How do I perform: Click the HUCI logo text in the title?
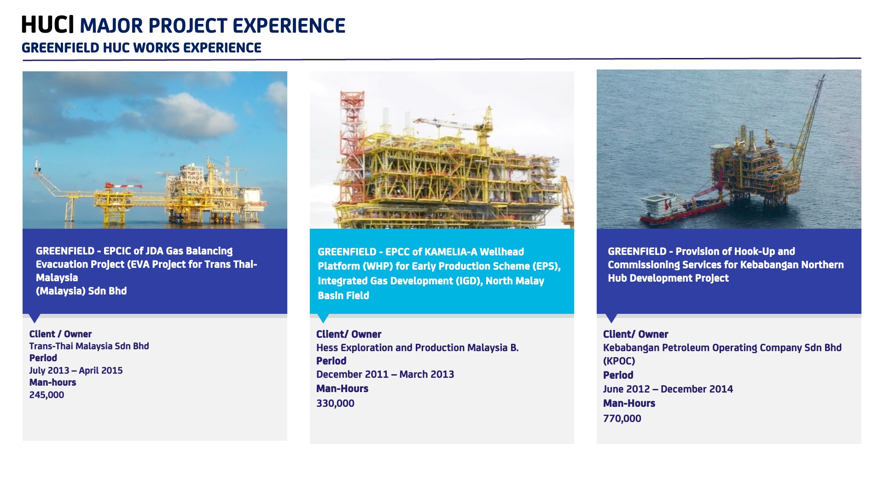pos(47,25)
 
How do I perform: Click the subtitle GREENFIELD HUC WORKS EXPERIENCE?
pos(141,48)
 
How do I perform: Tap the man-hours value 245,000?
pos(47,395)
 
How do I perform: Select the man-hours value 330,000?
pos(335,404)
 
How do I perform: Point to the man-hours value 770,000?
pos(622,419)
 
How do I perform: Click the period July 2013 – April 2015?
pos(76,370)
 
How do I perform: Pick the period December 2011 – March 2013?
pos(385,375)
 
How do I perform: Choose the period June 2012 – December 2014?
pos(668,389)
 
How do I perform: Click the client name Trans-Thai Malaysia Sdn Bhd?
pos(89,346)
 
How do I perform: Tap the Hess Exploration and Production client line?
pos(417,348)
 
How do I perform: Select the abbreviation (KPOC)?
pos(619,361)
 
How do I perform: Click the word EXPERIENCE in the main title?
pos(289,26)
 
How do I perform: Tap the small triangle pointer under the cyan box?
pos(323,318)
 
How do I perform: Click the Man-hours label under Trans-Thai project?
pos(52,382)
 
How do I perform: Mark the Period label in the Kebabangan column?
pos(618,376)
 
